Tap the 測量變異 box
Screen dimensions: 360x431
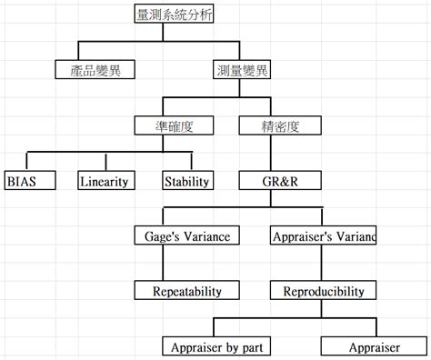click(242, 69)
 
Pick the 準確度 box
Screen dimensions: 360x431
click(164, 125)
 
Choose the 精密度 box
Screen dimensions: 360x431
click(269, 125)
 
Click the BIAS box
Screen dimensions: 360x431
click(27, 180)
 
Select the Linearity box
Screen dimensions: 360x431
click(104, 180)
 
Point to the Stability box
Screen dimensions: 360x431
click(187, 180)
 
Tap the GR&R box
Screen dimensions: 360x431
click(269, 180)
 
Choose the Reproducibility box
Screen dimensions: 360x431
click(324, 292)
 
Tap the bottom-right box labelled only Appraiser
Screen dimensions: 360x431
click(374, 346)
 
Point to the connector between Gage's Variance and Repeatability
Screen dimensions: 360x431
click(163, 264)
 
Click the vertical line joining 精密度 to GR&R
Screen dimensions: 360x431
click(269, 153)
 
